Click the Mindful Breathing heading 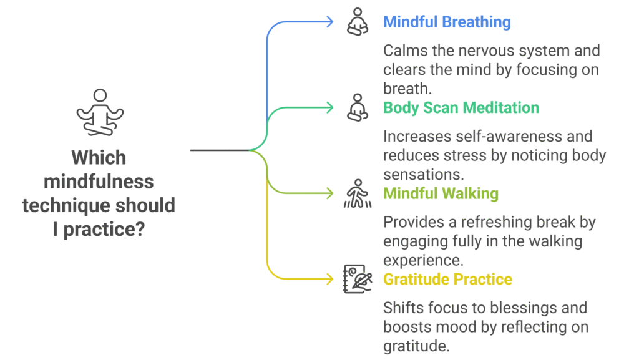click(447, 22)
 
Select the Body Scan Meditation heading click(461, 108)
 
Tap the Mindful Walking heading click(441, 193)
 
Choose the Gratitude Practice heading click(447, 279)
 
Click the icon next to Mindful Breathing click(356, 22)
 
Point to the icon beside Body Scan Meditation click(356, 107)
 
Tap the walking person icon click(356, 193)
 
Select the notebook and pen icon click(356, 279)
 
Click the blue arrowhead click(330, 22)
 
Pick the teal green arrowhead click(330, 108)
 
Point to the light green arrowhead click(330, 193)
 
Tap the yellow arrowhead click(330, 279)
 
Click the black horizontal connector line click(218, 150)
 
